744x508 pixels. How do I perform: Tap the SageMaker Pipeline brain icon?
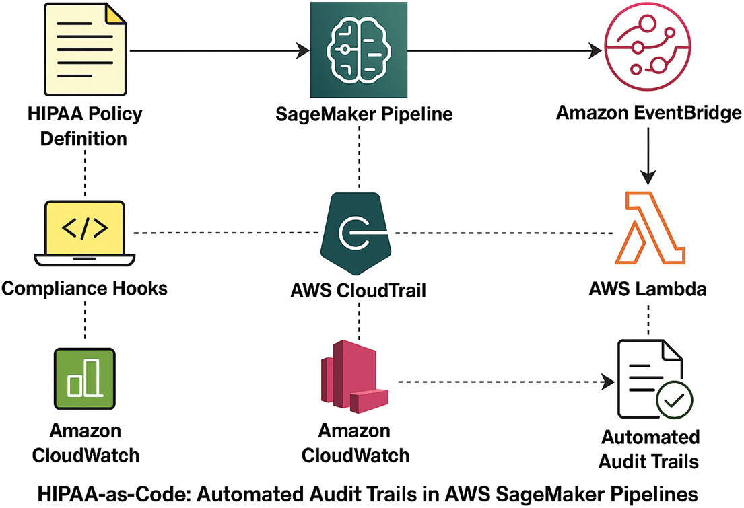click(x=359, y=50)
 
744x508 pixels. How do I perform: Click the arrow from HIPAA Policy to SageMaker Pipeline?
click(x=215, y=50)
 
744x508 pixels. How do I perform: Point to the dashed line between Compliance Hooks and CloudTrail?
click(x=226, y=233)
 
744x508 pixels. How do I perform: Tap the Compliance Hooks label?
click(x=85, y=289)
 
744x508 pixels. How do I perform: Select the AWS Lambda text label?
click(x=648, y=290)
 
